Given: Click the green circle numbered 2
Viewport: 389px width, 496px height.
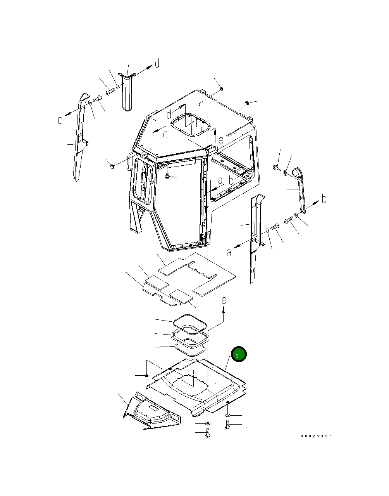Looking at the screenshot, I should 239,354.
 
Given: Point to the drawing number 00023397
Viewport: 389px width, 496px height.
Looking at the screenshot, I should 316,436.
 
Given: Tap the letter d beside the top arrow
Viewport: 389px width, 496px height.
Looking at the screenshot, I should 157,63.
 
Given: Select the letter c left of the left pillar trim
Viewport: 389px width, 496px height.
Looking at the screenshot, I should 60,120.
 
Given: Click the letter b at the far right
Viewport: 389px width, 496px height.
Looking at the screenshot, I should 324,199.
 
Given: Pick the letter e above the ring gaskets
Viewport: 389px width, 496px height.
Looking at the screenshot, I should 224,300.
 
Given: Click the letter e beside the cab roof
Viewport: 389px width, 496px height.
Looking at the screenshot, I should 221,140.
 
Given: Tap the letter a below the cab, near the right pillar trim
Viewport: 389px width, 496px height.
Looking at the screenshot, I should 229,252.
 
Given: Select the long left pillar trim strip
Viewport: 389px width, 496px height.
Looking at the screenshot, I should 79,140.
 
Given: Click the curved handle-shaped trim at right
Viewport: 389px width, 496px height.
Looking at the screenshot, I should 300,186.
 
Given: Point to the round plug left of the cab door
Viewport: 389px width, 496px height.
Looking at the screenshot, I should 112,166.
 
